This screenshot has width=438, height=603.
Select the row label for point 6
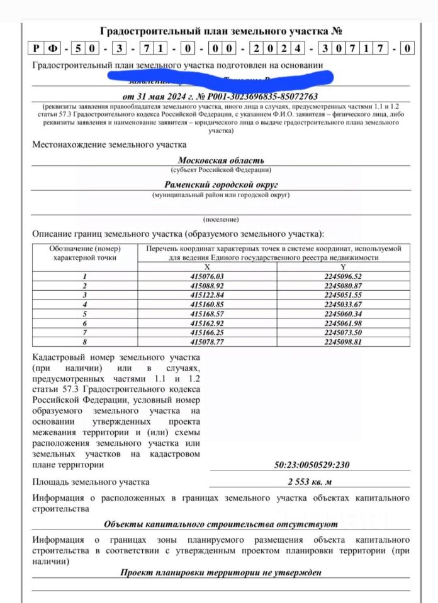[x=84, y=323]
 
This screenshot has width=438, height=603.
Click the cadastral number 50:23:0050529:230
[x=312, y=465]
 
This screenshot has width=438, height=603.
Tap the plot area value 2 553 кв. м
[x=312, y=482]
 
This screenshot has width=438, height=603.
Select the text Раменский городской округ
[x=221, y=185]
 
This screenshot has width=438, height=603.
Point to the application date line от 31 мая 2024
[x=221, y=96]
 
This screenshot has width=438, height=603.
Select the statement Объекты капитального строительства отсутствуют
[x=221, y=523]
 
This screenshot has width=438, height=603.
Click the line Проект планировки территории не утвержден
[x=221, y=572]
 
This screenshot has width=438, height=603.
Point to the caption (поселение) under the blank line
[x=221, y=220]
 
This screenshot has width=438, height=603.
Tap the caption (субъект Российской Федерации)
[x=221, y=170]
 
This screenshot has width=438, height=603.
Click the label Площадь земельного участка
[x=91, y=482]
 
